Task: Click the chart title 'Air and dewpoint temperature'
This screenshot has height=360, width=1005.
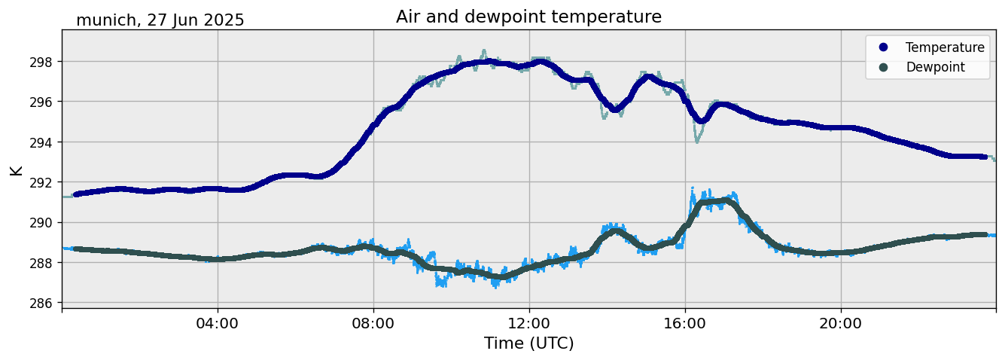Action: pyautogui.click(x=528, y=17)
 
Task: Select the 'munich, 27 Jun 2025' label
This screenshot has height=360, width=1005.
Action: pyautogui.click(x=160, y=20)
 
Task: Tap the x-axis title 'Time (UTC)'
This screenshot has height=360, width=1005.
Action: pyautogui.click(x=528, y=343)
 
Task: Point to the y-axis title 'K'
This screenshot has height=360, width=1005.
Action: pyautogui.click(x=17, y=170)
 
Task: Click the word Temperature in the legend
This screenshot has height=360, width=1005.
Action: pyautogui.click(x=945, y=47)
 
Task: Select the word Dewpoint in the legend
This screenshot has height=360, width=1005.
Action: pyautogui.click(x=935, y=67)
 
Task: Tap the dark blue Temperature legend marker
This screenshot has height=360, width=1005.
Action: pyautogui.click(x=884, y=47)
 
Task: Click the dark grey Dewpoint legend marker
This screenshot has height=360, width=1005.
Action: pyautogui.click(x=884, y=67)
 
